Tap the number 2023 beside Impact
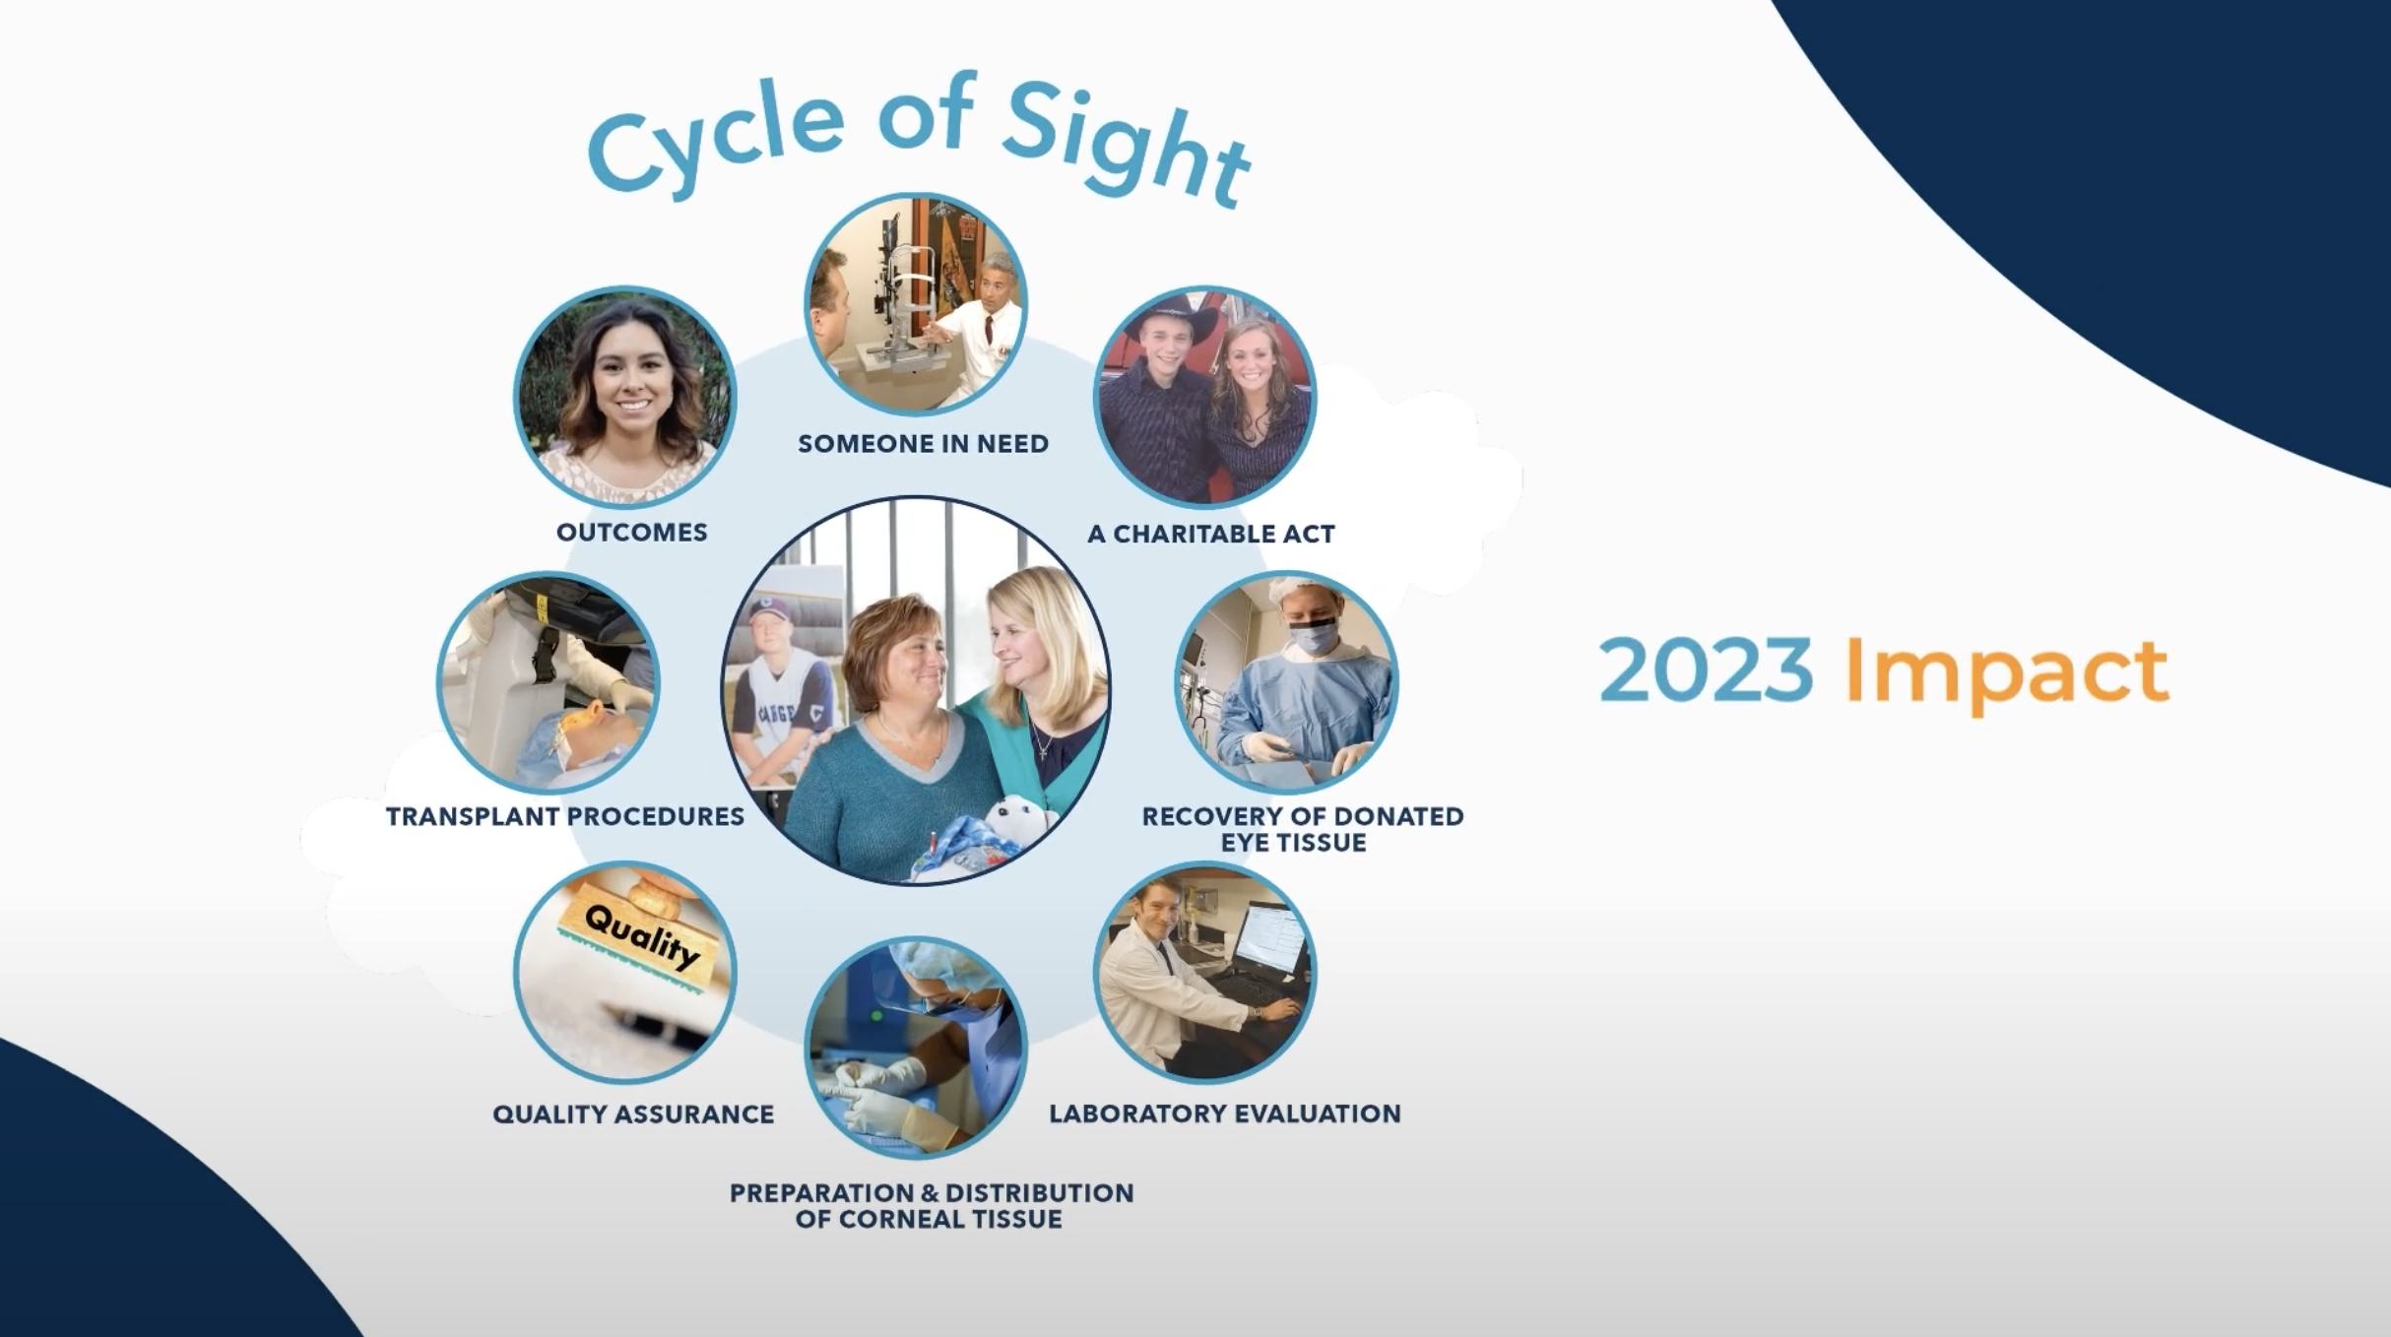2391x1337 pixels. (1705, 669)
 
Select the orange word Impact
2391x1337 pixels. (2007, 674)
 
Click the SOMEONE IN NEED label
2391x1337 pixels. (923, 444)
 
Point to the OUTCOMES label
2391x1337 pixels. (632, 533)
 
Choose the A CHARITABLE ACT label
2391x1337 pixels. (1211, 535)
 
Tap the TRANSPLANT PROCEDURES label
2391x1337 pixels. (565, 817)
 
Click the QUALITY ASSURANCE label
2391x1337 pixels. (633, 1114)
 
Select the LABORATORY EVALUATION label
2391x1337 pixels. (1225, 1114)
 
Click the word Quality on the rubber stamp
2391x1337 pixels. (642, 936)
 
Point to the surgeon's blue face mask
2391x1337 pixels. (1314, 636)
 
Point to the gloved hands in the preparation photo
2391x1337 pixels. (876, 1093)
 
